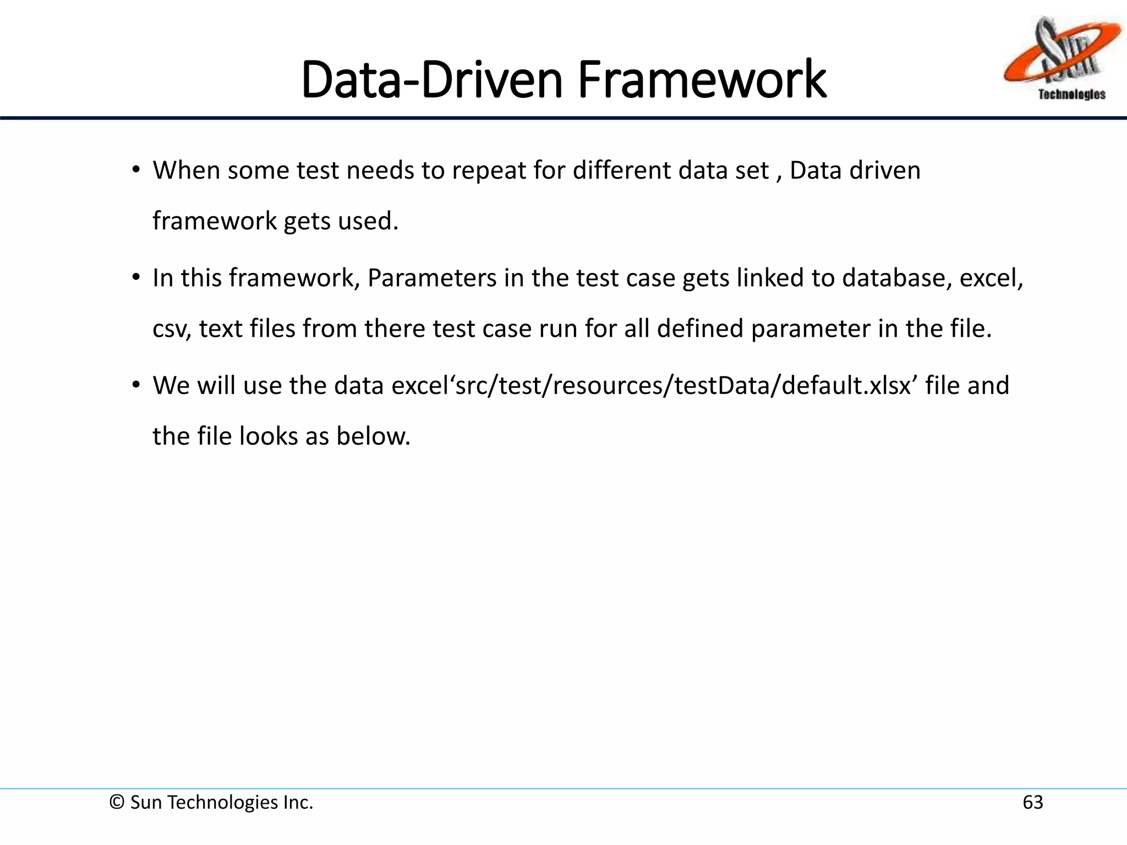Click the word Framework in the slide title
[702, 80]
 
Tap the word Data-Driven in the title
[432, 80]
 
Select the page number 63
[1032, 803]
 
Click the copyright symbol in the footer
[117, 803]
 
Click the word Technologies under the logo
[1071, 95]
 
